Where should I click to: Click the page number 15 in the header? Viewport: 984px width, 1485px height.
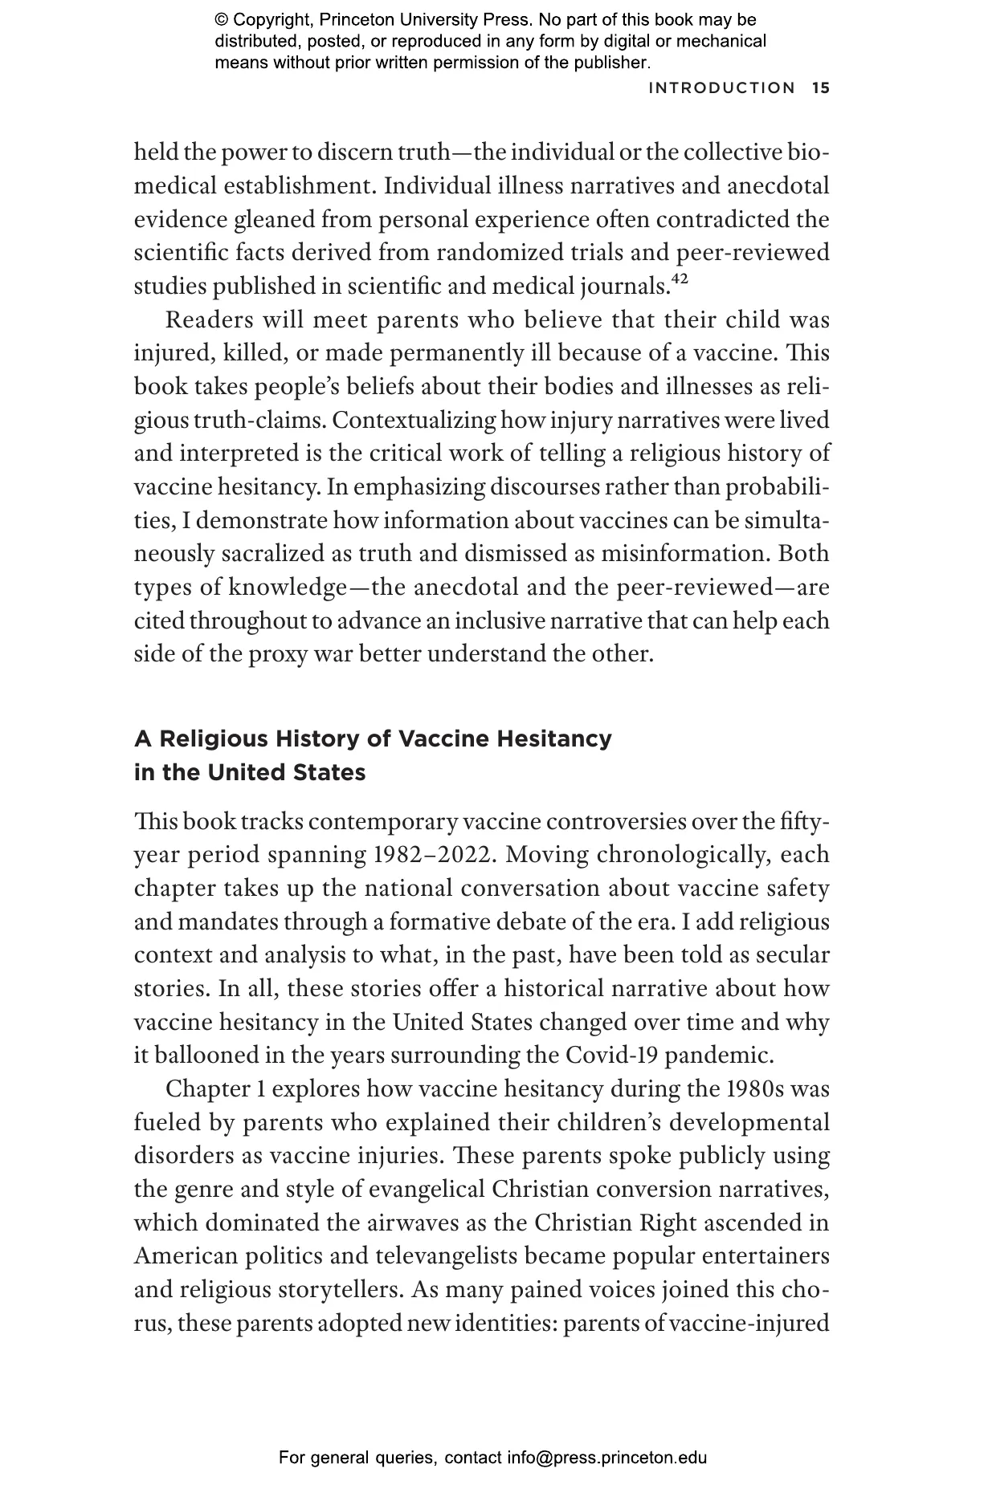click(820, 88)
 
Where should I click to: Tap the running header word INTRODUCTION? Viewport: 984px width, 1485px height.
click(721, 88)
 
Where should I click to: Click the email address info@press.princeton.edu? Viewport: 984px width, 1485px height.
click(606, 1458)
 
